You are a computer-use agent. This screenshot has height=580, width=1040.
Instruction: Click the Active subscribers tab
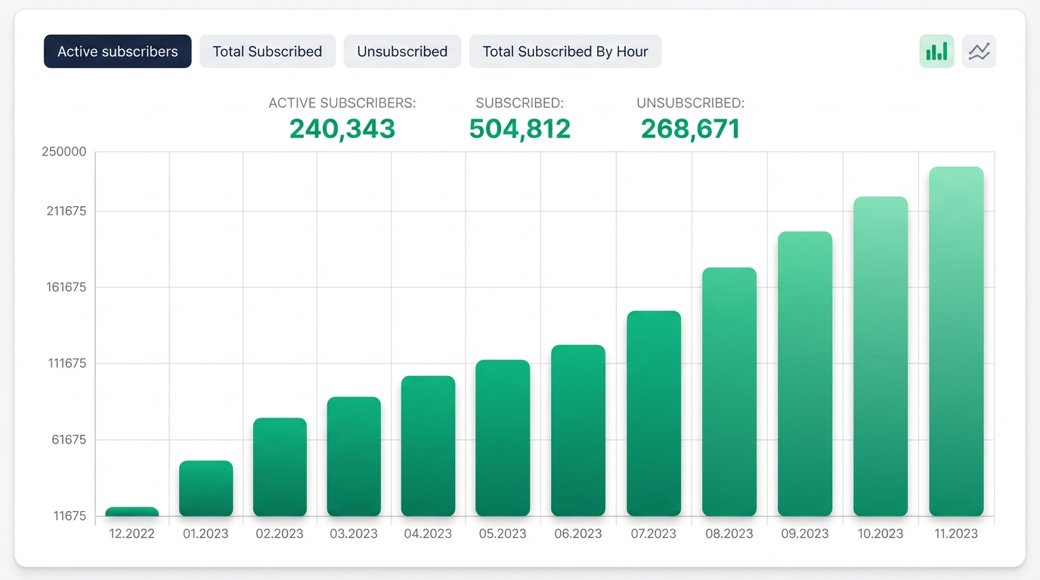click(117, 51)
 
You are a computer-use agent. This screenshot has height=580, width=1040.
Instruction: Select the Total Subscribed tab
click(268, 51)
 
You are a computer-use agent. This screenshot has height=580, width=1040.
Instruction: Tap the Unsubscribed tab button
click(402, 51)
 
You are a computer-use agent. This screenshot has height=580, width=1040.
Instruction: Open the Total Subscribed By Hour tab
click(565, 51)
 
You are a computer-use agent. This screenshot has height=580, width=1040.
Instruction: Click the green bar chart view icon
click(936, 51)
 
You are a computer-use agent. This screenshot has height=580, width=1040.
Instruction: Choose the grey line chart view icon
click(979, 51)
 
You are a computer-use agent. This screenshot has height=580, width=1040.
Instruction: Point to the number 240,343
click(342, 128)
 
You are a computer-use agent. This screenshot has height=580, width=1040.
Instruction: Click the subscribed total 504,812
click(519, 128)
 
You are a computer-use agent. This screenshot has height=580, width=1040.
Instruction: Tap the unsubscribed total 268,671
click(690, 128)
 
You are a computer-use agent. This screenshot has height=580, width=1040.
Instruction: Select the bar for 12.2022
click(132, 511)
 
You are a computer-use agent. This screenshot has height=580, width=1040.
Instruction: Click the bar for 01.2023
click(206, 488)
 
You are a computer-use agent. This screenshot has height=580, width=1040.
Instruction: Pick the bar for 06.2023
click(578, 430)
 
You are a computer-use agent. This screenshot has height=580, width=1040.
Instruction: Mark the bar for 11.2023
click(956, 341)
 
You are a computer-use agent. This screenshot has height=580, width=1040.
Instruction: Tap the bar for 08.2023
click(729, 392)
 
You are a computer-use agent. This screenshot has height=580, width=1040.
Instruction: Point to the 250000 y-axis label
click(64, 152)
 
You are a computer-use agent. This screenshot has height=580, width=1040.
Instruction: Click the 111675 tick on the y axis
click(67, 363)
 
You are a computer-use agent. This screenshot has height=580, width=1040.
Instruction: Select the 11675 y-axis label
click(70, 516)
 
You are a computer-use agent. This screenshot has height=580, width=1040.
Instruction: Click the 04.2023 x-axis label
click(428, 534)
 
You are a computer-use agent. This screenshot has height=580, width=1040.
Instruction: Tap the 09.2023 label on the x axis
click(805, 534)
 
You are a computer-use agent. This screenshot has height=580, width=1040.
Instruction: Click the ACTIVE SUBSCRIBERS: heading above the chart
click(342, 103)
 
